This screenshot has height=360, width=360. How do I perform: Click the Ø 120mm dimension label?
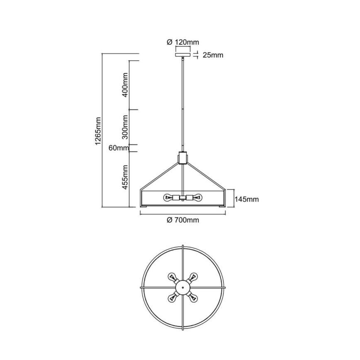(x=182, y=42)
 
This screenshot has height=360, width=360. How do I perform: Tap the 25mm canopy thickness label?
(x=212, y=55)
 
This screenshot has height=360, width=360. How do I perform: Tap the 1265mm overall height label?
(x=98, y=130)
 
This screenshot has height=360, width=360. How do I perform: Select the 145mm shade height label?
(x=246, y=199)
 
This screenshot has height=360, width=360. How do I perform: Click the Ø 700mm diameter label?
(x=182, y=220)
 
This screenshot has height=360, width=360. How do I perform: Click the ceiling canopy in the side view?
(x=182, y=55)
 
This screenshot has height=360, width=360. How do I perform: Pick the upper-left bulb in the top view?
(x=172, y=277)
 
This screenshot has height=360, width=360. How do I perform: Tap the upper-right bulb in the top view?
(x=193, y=277)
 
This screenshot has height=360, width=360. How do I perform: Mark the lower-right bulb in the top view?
(x=193, y=297)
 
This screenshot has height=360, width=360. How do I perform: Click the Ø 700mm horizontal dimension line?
(x=182, y=214)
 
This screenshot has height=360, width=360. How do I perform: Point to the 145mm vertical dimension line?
(x=231, y=199)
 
